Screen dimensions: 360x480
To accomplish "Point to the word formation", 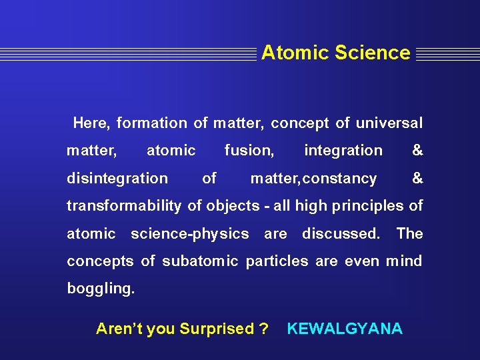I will [x=152, y=123].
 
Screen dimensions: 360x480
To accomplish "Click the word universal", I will [x=389, y=123].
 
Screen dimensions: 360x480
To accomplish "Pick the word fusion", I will [x=249, y=151].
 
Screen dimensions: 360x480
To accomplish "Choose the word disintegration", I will [x=117, y=178].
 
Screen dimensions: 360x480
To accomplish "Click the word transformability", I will [x=123, y=206].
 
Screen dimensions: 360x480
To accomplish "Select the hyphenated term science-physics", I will [x=189, y=234].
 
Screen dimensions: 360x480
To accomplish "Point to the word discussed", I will [x=341, y=234].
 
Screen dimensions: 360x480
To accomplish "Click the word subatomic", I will [x=198, y=261].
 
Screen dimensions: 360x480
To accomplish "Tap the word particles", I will [x=277, y=261].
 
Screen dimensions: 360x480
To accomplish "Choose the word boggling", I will [x=101, y=289].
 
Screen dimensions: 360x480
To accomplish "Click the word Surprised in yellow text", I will [x=217, y=329].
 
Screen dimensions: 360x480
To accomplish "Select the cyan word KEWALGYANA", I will [x=345, y=329].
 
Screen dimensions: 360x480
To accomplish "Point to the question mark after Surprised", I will [x=264, y=329].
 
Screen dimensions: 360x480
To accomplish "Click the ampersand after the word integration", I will [x=417, y=151].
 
